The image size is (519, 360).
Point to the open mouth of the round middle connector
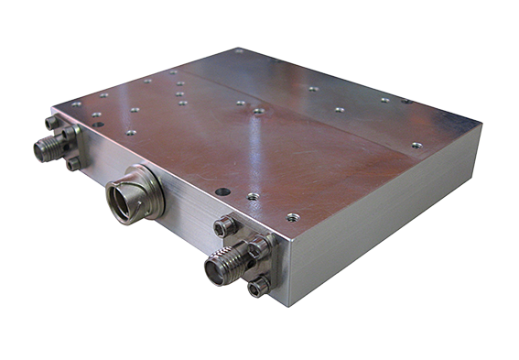pyautogui.click(x=124, y=195)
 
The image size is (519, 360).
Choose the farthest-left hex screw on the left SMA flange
pyautogui.click(x=51, y=122)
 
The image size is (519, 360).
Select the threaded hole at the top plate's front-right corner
pyautogui.click(x=292, y=218)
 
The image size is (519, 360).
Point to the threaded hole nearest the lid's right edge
pyautogui.click(x=416, y=145)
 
